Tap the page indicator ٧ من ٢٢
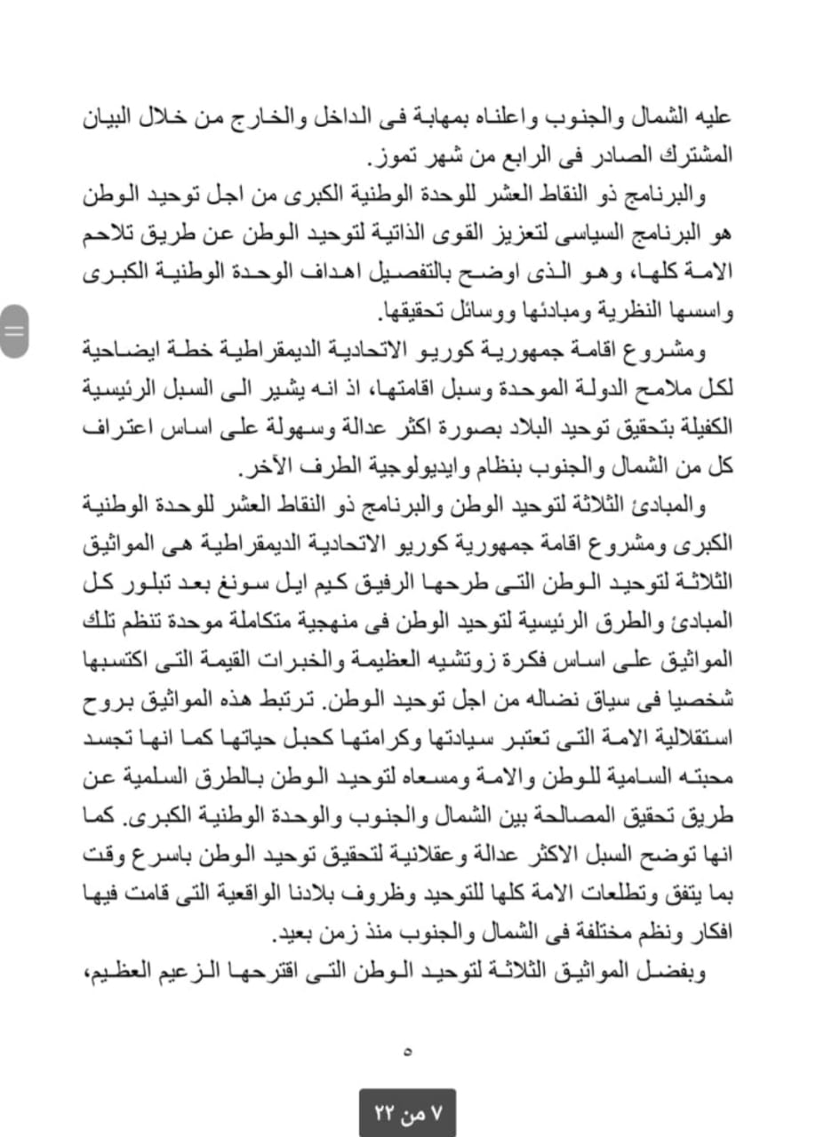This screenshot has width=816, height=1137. point(408,1112)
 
